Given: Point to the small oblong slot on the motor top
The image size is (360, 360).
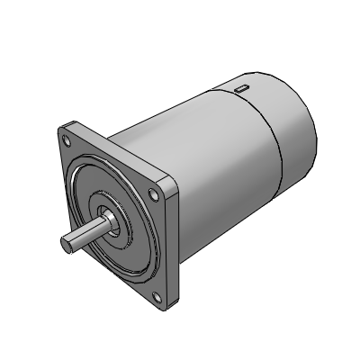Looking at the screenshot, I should pyautogui.click(x=242, y=88).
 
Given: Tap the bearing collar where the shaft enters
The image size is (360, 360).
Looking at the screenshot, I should pyautogui.click(x=107, y=220).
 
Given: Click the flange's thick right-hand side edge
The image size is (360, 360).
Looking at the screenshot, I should pyautogui.click(x=176, y=243).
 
